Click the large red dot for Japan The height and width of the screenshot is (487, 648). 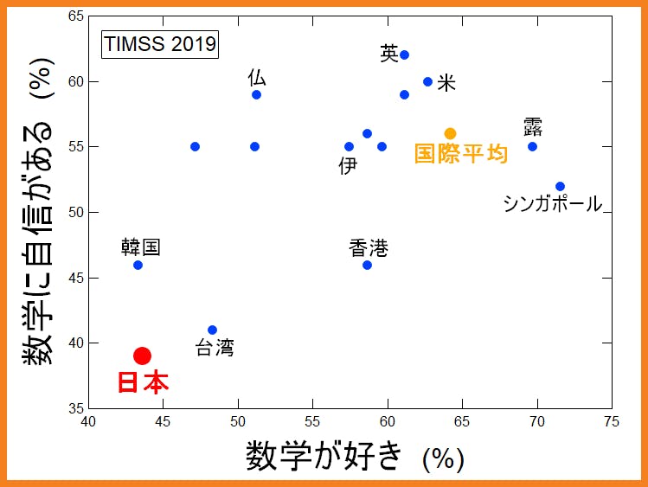point(143,356)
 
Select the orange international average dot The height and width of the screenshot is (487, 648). point(450,133)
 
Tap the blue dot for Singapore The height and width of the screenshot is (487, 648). point(560,186)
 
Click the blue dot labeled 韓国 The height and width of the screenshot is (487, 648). point(138,265)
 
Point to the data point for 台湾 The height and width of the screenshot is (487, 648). point(212,330)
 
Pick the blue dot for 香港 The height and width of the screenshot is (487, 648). point(367,265)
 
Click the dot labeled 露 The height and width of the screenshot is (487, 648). point(532,146)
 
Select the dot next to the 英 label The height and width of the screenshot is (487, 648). point(404,54)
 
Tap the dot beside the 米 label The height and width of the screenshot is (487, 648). point(427,81)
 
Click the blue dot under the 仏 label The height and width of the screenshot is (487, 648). point(256,94)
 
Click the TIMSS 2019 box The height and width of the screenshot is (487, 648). point(160,44)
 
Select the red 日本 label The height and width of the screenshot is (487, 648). point(143,383)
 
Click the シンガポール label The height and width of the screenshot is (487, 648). point(552,204)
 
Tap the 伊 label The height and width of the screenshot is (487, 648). point(348,165)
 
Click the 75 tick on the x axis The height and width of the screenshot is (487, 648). point(612,422)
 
